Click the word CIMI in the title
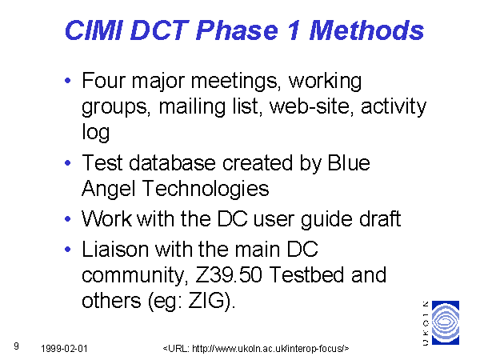click(x=94, y=30)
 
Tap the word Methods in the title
click(x=366, y=30)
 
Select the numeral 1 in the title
click(x=293, y=30)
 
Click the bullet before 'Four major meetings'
click(x=68, y=81)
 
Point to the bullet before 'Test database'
click(x=68, y=163)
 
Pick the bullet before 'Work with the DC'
click(x=68, y=219)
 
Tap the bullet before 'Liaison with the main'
click(x=68, y=249)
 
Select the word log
click(x=95, y=132)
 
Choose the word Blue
click(x=349, y=162)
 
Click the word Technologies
click(x=206, y=189)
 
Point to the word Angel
click(x=108, y=189)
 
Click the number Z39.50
click(x=229, y=274)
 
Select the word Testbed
click(x=308, y=274)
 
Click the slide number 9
click(x=16, y=346)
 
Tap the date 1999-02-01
click(x=64, y=349)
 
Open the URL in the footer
click(x=256, y=349)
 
